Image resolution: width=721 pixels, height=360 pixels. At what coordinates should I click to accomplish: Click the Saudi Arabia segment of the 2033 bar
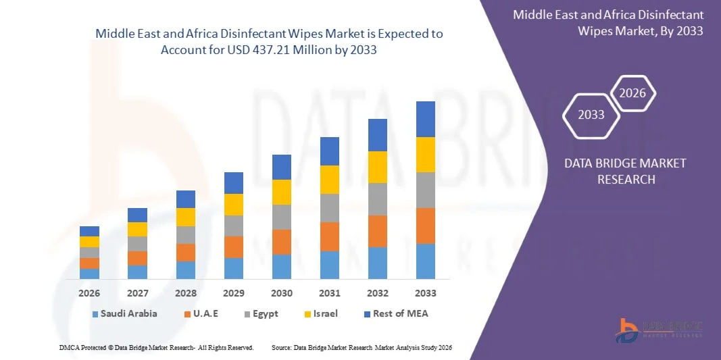(x=425, y=261)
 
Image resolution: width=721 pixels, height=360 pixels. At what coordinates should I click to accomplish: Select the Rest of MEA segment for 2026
(x=89, y=231)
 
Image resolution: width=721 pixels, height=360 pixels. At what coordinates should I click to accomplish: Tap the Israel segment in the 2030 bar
(x=282, y=192)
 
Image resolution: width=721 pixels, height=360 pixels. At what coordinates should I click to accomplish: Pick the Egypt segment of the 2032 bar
(x=377, y=199)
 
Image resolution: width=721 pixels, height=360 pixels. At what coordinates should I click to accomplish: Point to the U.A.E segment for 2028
(x=186, y=253)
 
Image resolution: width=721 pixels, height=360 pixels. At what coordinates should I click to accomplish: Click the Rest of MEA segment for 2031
(x=329, y=151)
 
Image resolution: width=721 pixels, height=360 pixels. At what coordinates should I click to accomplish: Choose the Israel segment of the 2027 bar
(x=137, y=229)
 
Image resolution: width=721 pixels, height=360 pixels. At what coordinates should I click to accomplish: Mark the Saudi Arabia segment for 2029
(x=233, y=268)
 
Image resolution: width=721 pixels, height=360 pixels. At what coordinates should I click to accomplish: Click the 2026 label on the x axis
(x=89, y=293)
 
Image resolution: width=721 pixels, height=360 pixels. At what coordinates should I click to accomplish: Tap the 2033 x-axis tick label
(x=425, y=293)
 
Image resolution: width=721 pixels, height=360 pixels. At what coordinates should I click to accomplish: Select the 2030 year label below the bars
(x=282, y=293)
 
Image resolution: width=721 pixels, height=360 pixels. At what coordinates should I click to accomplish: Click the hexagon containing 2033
(x=591, y=115)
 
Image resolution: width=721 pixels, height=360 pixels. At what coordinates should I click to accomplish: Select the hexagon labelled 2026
(x=632, y=94)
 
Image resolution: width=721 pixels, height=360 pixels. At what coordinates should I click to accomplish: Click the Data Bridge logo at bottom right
(x=659, y=328)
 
